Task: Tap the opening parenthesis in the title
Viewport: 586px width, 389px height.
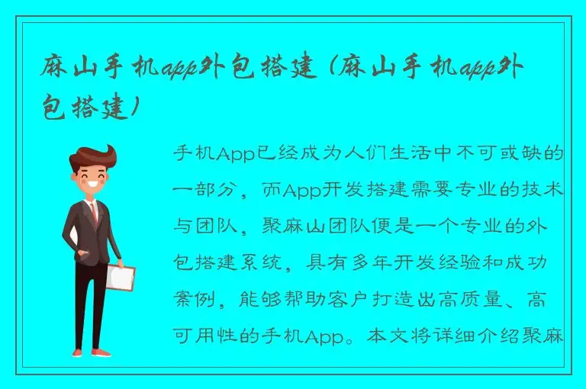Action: [327, 70]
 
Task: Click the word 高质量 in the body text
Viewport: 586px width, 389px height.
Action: [485, 300]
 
